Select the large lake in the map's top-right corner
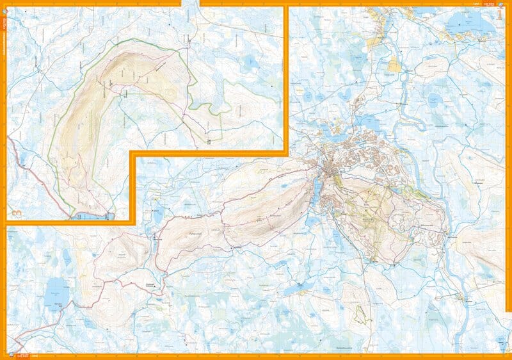point(463,27)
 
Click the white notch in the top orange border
point(190,3)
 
